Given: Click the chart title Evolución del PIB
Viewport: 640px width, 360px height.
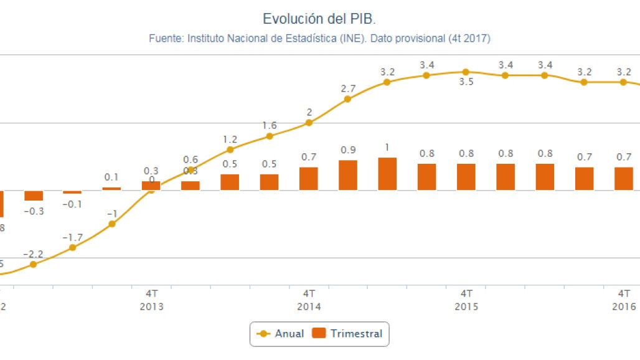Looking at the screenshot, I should coord(319,19).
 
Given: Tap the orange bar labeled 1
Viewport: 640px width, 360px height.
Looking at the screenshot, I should coord(387,174).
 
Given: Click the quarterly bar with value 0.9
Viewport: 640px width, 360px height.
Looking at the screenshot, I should coord(348,175).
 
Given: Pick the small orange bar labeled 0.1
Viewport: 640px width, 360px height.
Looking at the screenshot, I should coord(112,188).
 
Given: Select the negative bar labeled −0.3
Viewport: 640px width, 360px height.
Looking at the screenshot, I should coord(34,196).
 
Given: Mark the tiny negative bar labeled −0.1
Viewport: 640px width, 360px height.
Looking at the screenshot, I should coord(73,192).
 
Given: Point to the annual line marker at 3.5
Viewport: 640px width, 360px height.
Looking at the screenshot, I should coord(466,72).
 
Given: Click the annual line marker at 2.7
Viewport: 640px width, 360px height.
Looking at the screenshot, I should coord(348,99).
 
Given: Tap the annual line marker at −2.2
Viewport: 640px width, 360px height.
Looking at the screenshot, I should coord(34,264).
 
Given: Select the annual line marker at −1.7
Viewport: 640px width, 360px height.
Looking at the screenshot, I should coord(73,247).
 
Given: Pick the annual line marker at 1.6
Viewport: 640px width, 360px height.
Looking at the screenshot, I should coord(270,136).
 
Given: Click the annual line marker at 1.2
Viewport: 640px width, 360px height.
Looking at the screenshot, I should coord(230,149).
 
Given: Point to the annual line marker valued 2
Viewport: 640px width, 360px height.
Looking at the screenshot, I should coord(309,123).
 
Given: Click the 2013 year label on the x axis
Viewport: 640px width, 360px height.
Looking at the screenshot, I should coord(152,306).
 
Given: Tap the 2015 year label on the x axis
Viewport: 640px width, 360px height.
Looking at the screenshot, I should coord(466,306).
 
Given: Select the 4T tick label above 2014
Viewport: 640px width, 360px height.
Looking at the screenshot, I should coord(309,293).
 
